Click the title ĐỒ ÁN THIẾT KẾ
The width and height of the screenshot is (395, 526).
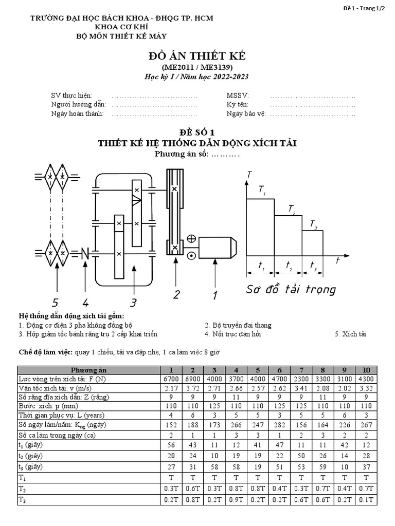pos(197,57)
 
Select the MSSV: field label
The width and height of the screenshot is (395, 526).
pos(237,96)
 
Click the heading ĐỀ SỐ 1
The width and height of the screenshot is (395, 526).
pos(197,132)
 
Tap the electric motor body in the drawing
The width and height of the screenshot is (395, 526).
pos(216,248)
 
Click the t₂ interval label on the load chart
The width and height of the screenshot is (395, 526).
pos(288,269)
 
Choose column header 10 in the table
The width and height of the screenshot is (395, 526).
pos(366,370)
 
